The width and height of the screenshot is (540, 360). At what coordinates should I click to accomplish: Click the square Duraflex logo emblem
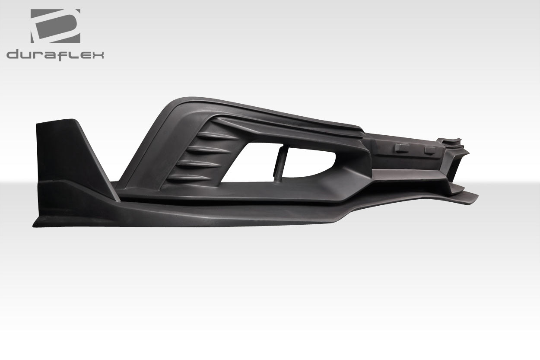[x=55, y=26]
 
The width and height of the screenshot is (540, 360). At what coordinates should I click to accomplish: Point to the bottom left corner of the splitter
[x=34, y=224]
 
